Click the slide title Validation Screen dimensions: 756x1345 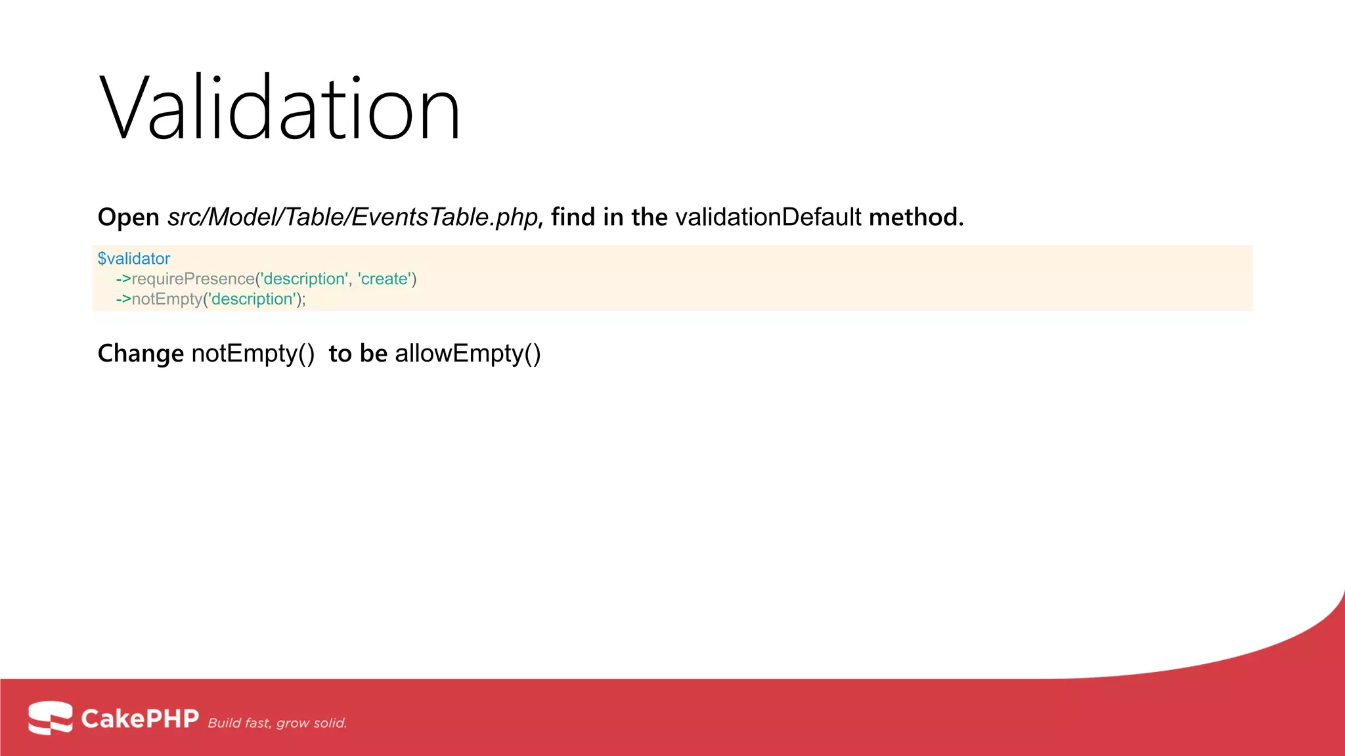tap(280, 108)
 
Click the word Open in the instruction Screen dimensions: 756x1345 tap(128, 217)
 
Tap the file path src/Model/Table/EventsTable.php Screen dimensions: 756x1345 tap(353, 217)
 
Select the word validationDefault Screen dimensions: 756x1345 tap(768, 217)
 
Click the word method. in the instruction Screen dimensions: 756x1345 tap(916, 217)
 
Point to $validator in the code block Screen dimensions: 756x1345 tap(134, 259)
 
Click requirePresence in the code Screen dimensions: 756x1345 tap(193, 279)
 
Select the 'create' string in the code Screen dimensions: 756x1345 tap(384, 279)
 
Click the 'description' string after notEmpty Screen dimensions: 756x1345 tap(252, 299)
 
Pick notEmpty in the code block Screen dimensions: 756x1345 tap(167, 299)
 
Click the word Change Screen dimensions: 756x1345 tap(141, 354)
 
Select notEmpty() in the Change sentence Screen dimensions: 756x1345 tap(253, 354)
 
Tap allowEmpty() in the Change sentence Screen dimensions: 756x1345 tap(468, 354)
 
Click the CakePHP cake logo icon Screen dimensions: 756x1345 tap(50, 717)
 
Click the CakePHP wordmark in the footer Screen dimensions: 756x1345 tap(139, 719)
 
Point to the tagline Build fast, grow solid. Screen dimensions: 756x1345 tap(277, 723)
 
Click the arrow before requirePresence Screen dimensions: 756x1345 tap(123, 279)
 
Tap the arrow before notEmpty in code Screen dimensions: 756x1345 tap(123, 299)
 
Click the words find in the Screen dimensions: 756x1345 tap(609, 217)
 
